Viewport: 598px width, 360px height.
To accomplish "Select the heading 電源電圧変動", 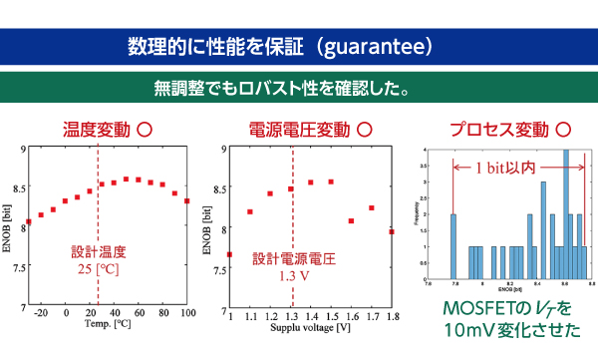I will tap(298, 130).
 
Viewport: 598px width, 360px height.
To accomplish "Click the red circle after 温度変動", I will tap(145, 130).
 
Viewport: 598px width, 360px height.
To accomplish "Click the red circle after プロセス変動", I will tap(563, 130).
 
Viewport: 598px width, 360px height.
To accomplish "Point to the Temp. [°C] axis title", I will tap(109, 324).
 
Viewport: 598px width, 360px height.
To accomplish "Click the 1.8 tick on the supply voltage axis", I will tap(391, 314).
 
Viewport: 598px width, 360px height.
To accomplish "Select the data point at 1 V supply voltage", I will tap(230, 254).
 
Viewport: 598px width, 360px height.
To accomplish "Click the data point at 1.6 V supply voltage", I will tap(351, 220).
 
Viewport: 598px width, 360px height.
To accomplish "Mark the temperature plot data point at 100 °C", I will tap(186, 200).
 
